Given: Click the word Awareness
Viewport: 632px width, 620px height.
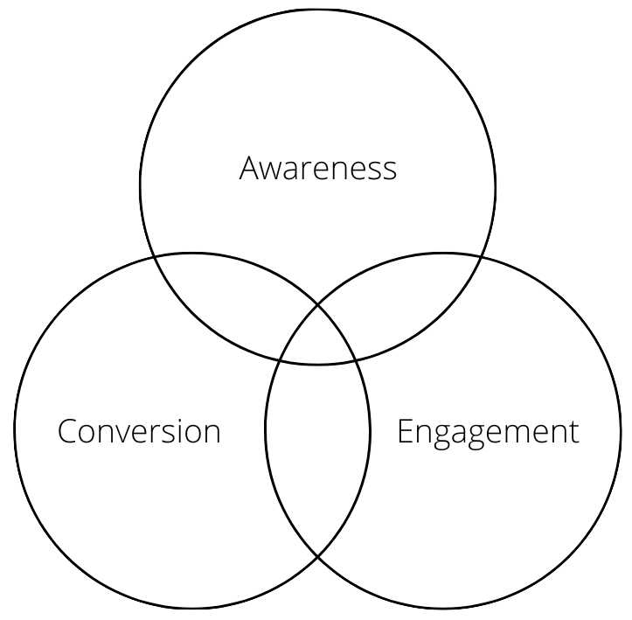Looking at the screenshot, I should [317, 168].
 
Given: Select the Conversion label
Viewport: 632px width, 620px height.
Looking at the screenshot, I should [138, 430].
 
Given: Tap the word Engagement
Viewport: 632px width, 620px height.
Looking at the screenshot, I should [488, 432].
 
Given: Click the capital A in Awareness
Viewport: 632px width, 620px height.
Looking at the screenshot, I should [251, 168].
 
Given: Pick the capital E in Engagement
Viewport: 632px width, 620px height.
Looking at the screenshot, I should [406, 431].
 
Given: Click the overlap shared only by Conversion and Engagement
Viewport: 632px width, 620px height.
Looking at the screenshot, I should [317, 455].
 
